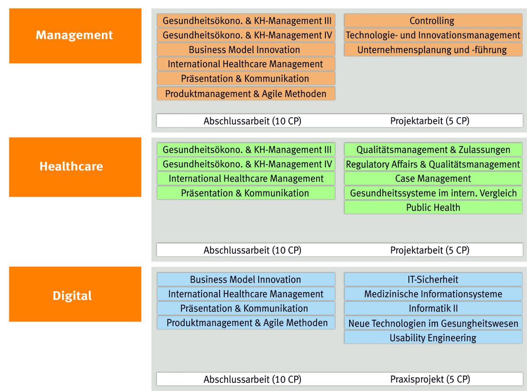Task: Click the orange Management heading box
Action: [76, 36]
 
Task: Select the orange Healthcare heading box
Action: [76, 167]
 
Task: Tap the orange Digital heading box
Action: [76, 294]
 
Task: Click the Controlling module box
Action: [433, 21]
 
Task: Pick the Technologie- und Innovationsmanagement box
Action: [433, 35]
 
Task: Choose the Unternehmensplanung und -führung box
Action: [433, 50]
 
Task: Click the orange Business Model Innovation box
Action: [246, 50]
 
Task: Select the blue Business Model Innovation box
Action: [246, 279]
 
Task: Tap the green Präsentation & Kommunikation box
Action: [246, 193]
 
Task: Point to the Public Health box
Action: [433, 207]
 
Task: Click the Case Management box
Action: [433, 179]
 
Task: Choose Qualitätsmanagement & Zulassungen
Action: [433, 150]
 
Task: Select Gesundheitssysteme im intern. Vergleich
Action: [433, 193]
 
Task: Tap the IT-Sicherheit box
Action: [433, 279]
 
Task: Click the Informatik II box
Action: [433, 308]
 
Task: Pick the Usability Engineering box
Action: [433, 337]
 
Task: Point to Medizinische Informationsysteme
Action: [433, 294]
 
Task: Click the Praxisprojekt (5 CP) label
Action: [430, 379]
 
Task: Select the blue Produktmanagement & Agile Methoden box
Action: [246, 323]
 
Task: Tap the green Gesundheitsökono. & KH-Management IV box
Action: [246, 164]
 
